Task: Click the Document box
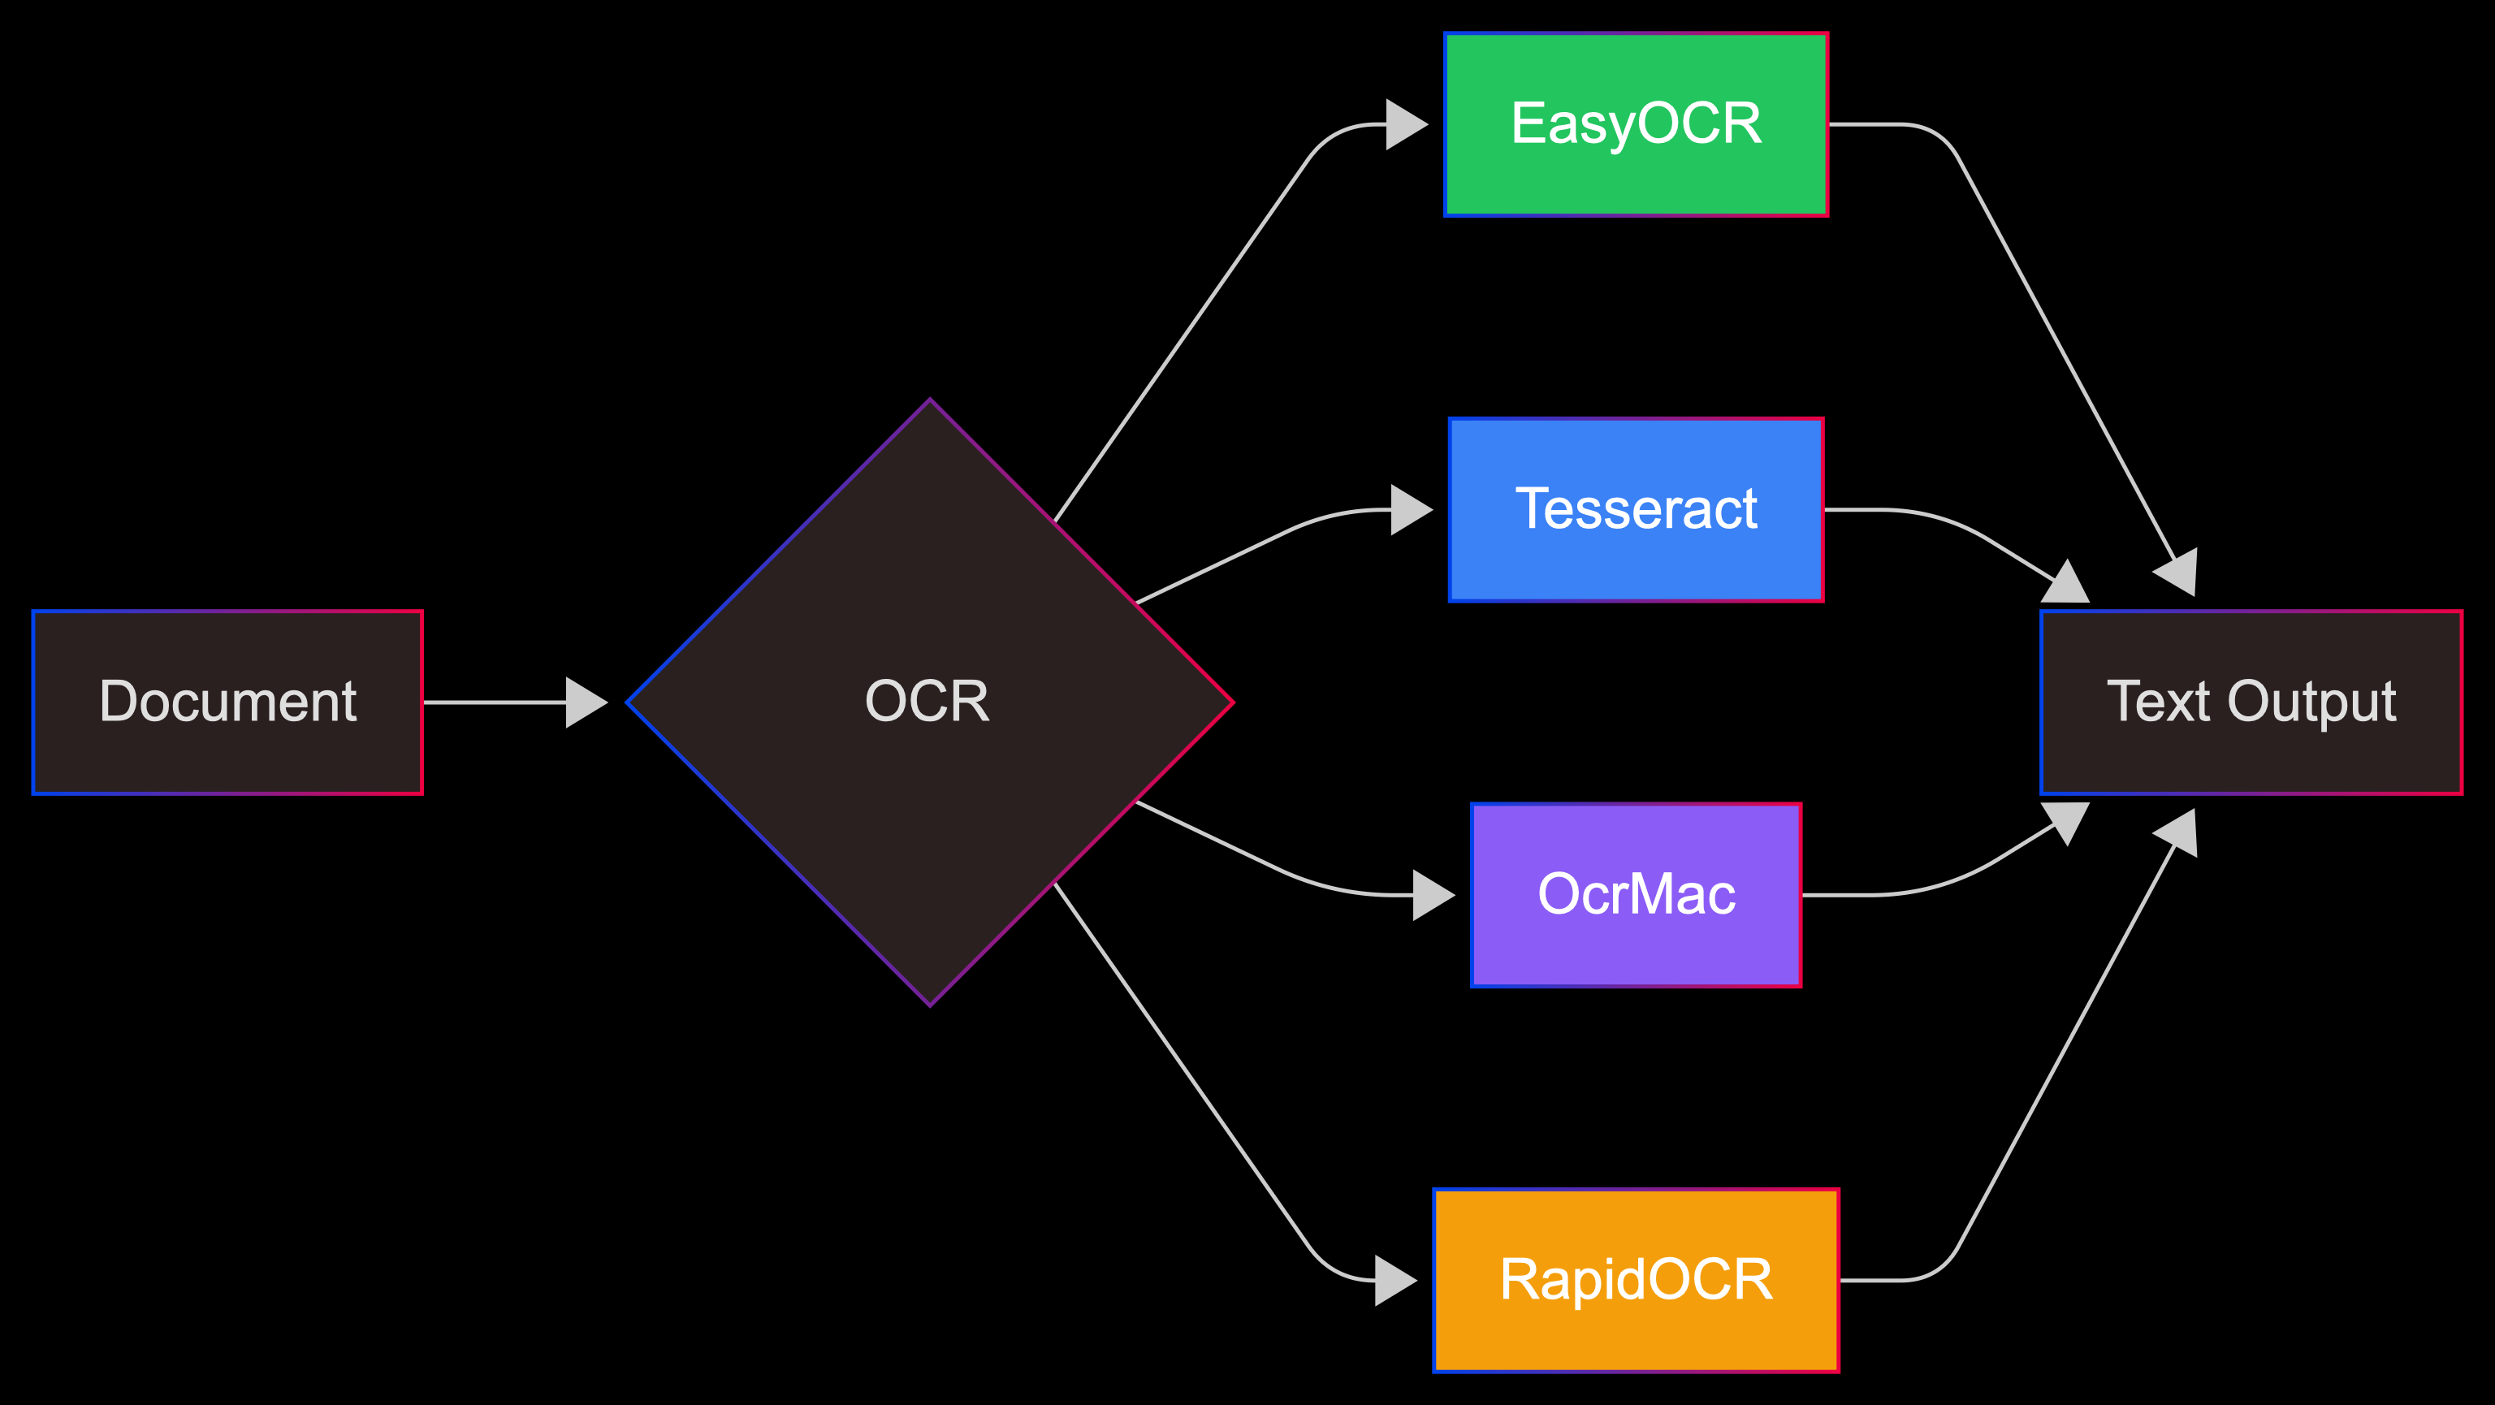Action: pyautogui.click(x=227, y=702)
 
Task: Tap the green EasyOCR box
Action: pyautogui.click(x=1636, y=125)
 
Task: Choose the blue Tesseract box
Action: pyautogui.click(x=1636, y=509)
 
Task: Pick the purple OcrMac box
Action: pyautogui.click(x=1636, y=895)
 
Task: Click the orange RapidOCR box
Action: pyautogui.click(x=1636, y=1280)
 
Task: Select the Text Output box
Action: pyautogui.click(x=2251, y=702)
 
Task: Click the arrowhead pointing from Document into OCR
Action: pyautogui.click(x=585, y=702)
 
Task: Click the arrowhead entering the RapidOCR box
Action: pyautogui.click(x=1395, y=1280)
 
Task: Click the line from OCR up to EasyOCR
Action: pyautogui.click(x=1182, y=339)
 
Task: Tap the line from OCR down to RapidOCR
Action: pyautogui.click(x=1182, y=1066)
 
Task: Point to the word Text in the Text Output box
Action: pyautogui.click(x=2158, y=702)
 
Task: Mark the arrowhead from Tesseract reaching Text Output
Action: pyautogui.click(x=2069, y=584)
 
